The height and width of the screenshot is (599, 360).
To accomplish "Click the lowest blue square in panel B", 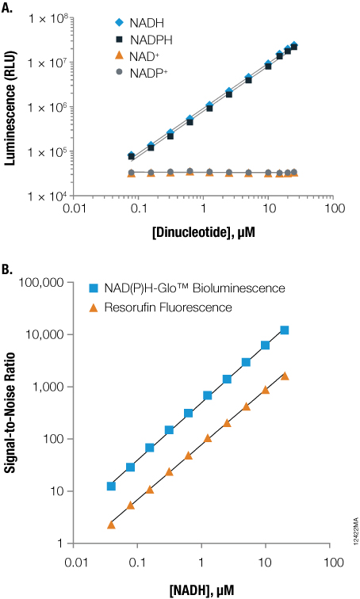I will point(111,486).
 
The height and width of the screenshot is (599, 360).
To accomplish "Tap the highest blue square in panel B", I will point(285,330).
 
